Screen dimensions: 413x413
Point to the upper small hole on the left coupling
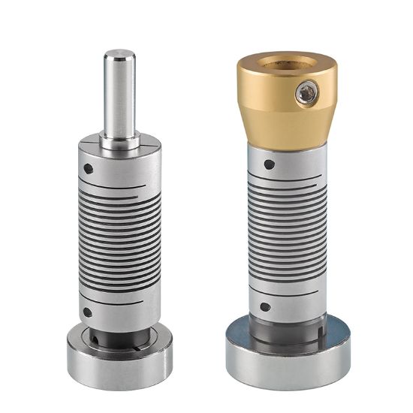[x=89, y=168]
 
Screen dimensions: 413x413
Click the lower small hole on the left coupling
[x=88, y=312]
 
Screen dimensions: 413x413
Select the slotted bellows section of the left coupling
[x=119, y=240]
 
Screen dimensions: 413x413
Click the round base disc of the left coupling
[x=119, y=353]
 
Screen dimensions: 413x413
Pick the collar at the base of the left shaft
[x=119, y=141]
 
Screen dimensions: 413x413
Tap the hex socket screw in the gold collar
[x=306, y=93]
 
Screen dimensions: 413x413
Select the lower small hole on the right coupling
[x=266, y=307]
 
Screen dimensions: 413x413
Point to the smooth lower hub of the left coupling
[x=119, y=309]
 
